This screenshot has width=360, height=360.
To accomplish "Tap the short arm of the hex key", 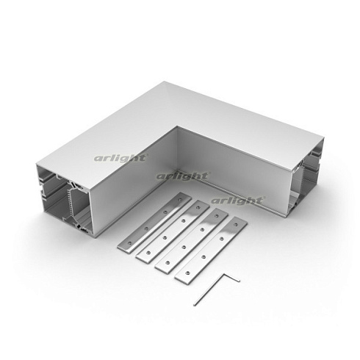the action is tap(231, 278).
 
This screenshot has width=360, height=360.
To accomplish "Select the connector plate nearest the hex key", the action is tap(211, 251).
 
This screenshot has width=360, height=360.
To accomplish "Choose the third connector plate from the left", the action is tap(192, 241).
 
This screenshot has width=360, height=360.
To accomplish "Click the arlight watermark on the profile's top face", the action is tap(120, 158).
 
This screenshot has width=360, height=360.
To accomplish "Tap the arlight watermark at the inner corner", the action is tap(182, 176).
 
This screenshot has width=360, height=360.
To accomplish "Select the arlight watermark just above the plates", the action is tap(237, 201).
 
